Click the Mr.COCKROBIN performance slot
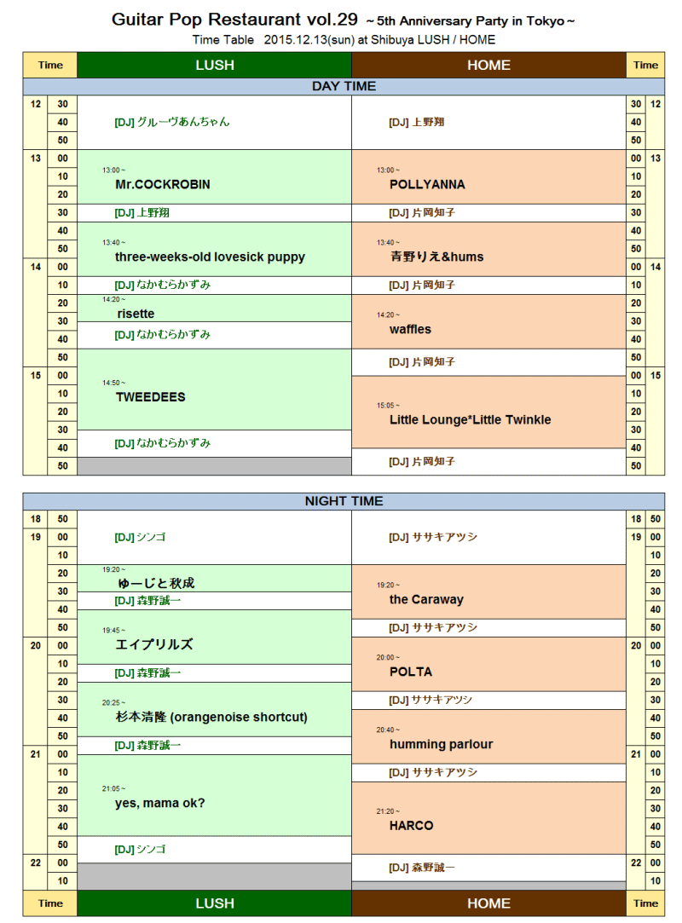pos(162,184)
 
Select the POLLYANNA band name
pos(427,184)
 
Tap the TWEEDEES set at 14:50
pos(150,397)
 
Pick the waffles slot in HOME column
pos(410,329)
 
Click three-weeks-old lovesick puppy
pos(210,257)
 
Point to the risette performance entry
pos(136,314)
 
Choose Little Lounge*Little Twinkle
pos(470,419)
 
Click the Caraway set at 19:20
pos(426,599)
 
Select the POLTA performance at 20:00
pos(411,672)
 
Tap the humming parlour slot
pos(441,744)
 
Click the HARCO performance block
pos(411,825)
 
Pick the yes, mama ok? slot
pos(160,803)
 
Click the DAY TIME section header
pos(344,86)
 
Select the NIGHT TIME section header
pos(344,501)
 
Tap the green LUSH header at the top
pos(214,65)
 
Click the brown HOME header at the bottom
pos(488,903)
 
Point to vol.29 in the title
pos(333,20)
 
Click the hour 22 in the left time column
pos(35,862)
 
